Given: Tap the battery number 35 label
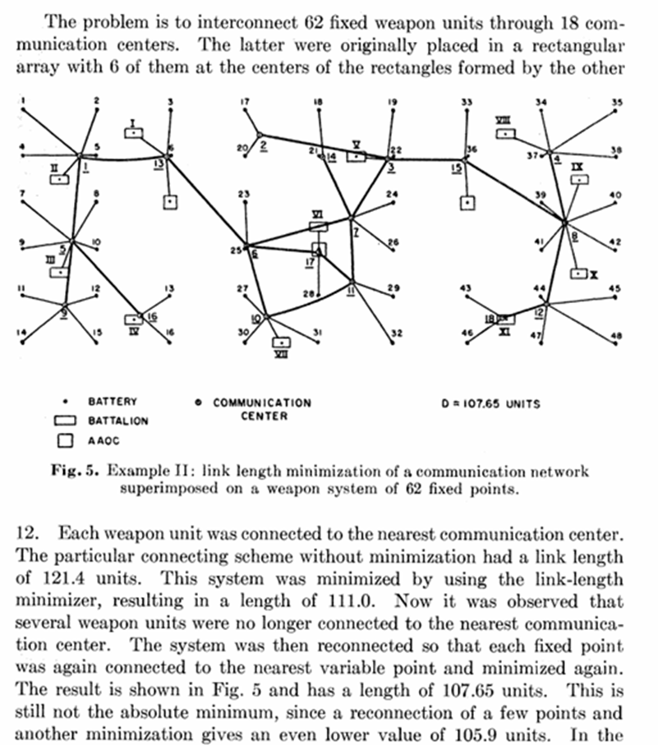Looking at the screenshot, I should coord(617,102).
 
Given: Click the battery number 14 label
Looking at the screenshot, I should coord(22,333).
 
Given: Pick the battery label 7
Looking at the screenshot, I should coord(23,195).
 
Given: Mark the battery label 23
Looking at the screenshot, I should coord(243,194).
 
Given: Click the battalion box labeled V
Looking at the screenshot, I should coord(356,154).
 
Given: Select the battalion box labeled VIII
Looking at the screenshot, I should coord(507,132).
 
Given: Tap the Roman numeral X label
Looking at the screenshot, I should coord(593,273).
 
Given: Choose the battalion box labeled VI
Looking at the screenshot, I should coord(318,225).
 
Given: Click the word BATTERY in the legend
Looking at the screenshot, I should coord(113,402).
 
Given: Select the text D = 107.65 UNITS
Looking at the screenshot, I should coord(492,403).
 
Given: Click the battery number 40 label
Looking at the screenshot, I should coord(615,195).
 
